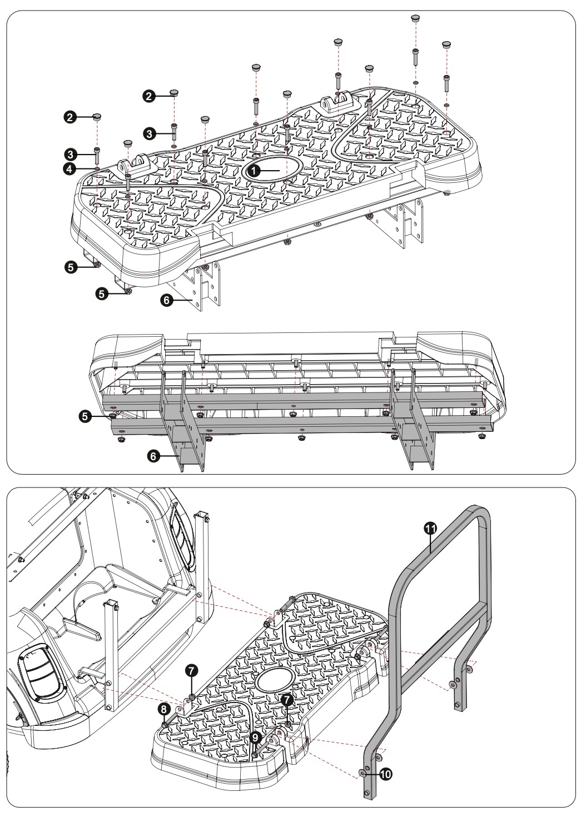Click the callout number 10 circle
(383, 773)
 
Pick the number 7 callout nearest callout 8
(190, 671)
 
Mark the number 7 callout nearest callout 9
(286, 700)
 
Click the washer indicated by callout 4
(97, 168)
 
